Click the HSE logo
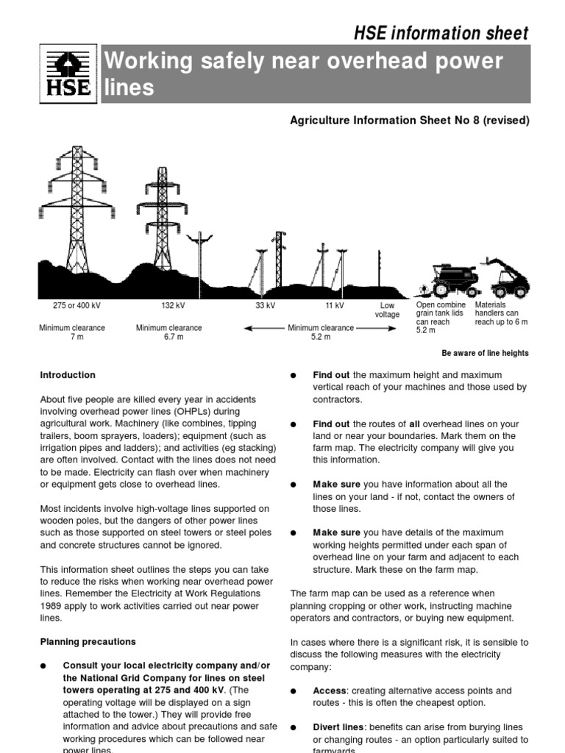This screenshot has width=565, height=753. pyautogui.click(x=65, y=74)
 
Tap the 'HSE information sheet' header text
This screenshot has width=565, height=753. pyautogui.click(x=441, y=33)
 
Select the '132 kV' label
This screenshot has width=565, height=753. pyautogui.click(x=172, y=305)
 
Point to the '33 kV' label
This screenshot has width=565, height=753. pyautogui.click(x=266, y=305)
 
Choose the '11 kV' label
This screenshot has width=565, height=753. pyautogui.click(x=334, y=305)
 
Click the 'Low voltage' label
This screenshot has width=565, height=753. pyautogui.click(x=388, y=310)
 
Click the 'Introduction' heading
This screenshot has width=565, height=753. pyautogui.click(x=68, y=375)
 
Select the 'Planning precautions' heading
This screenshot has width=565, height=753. pyautogui.click(x=88, y=642)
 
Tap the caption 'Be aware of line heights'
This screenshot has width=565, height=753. pyautogui.click(x=485, y=353)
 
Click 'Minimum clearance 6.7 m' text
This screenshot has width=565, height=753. pyautogui.click(x=168, y=332)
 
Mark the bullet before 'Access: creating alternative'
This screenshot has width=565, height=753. pyautogui.click(x=293, y=692)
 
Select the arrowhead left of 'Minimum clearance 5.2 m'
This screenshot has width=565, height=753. pyautogui.click(x=246, y=328)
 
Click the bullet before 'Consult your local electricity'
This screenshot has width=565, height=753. pyautogui.click(x=43, y=666)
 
